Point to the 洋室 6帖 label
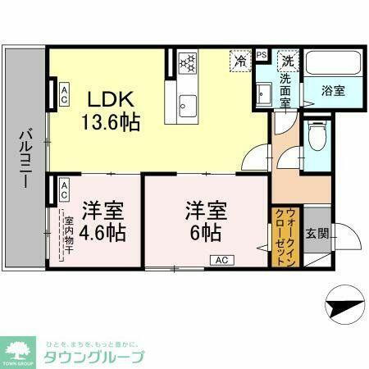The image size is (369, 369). [205, 220]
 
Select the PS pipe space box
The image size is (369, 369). [262, 55]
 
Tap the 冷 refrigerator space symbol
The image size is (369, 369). [241, 60]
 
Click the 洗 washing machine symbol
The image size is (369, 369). [288, 60]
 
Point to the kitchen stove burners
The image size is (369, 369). [188, 62]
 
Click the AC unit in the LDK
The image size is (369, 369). [63, 92]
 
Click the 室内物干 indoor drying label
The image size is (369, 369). [69, 234]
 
